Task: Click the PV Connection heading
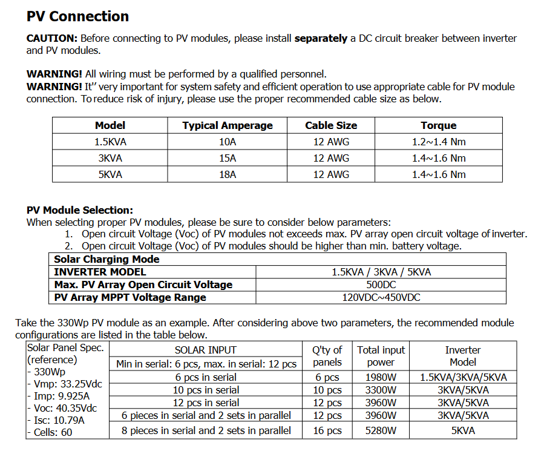tap(77, 16)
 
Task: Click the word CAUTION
tap(51, 38)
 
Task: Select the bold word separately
tap(321, 38)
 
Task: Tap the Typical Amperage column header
tap(228, 126)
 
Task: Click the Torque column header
tap(438, 126)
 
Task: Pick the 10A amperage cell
tap(228, 142)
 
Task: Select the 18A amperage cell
tap(228, 174)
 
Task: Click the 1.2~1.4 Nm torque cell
tap(438, 142)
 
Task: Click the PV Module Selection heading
tap(79, 210)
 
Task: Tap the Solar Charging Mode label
tap(107, 259)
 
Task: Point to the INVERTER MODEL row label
tap(100, 272)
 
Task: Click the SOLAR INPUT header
tap(206, 350)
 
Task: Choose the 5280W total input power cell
tap(381, 430)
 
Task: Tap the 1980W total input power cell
tap(381, 377)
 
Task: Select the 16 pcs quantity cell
tap(327, 430)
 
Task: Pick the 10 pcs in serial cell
tap(206, 390)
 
